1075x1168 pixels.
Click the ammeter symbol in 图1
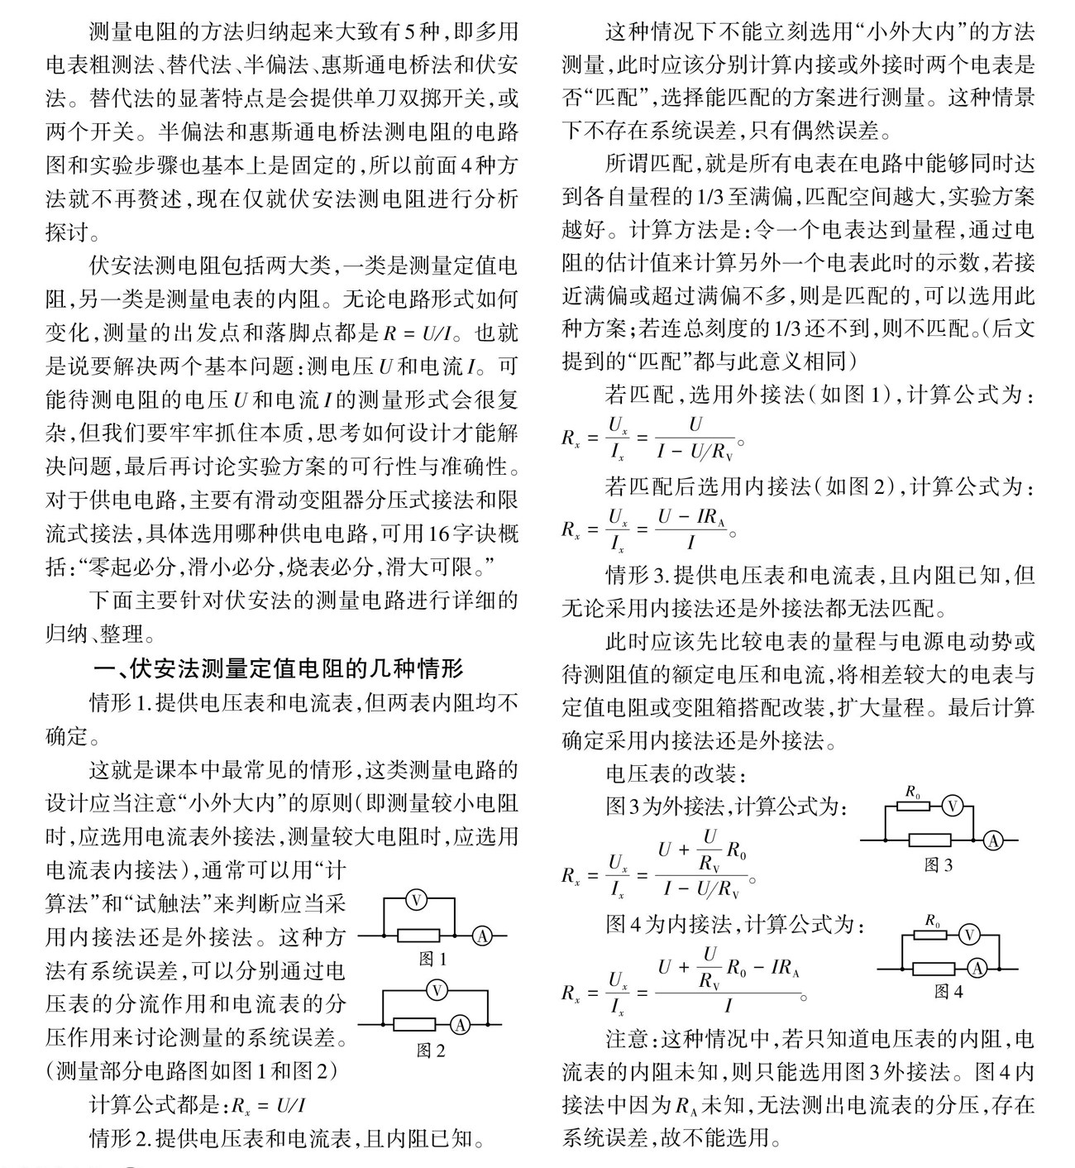483,936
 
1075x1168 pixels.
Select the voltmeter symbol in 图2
437,990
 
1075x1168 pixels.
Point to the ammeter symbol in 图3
992,840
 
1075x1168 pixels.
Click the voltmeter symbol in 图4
969,936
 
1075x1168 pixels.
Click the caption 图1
432,960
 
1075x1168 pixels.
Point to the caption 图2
431,1051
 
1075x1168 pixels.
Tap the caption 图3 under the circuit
938,865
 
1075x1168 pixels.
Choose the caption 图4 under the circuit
948,991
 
